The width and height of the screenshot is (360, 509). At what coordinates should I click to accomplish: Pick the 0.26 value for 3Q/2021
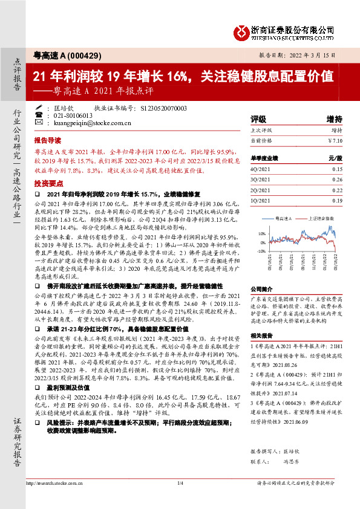pos(337,180)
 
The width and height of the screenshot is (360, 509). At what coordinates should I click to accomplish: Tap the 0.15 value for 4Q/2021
pos(337,169)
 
